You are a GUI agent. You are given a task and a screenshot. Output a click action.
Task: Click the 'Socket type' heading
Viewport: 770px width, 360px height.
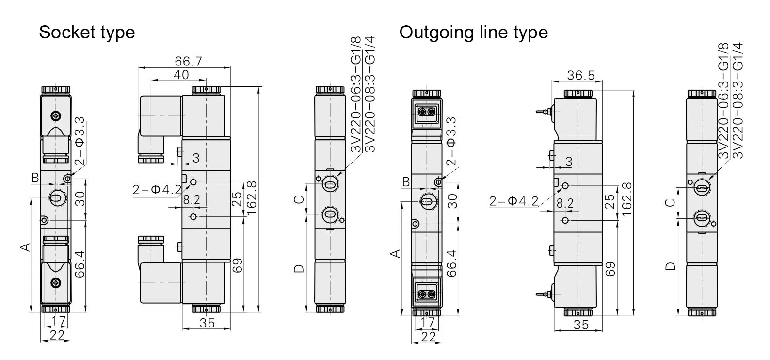(87, 33)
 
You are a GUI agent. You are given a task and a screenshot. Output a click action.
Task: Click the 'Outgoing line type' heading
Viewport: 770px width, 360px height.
(473, 33)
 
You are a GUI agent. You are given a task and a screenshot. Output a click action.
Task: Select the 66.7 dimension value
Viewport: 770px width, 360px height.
(188, 61)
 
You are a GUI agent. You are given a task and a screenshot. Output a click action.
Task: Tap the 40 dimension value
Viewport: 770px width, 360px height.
(181, 75)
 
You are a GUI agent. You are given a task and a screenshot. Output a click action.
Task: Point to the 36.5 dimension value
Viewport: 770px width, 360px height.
(580, 75)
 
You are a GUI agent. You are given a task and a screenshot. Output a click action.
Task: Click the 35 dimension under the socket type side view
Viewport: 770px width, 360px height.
(207, 323)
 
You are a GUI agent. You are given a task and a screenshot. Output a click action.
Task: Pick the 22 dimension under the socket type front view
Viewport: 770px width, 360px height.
(57, 335)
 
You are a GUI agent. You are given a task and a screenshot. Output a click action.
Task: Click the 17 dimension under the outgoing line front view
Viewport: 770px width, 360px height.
(428, 322)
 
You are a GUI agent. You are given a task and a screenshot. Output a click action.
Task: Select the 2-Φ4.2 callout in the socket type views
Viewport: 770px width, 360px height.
(157, 189)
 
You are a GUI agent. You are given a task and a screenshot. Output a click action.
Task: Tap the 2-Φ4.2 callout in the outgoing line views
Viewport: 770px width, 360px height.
(514, 201)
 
